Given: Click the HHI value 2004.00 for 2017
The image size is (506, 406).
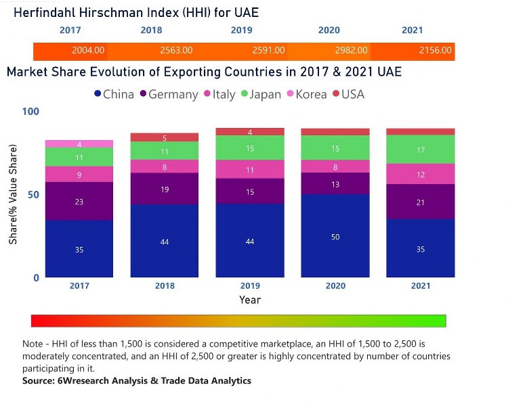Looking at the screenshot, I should pos(89,50).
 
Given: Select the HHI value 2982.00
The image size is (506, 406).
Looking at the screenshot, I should pos(352,50).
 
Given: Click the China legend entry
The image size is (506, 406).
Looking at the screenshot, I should pos(114,94).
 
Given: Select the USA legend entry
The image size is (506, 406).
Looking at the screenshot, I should pos(347,94).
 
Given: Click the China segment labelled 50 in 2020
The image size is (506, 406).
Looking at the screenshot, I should pos(336,236).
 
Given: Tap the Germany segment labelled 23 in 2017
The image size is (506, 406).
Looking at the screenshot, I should pos(79,201).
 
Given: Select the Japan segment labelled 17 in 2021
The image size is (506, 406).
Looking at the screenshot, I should pos(421,150).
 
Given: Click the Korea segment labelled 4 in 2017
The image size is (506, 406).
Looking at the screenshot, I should pos(79,144).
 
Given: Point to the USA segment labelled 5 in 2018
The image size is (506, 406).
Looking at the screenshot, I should pos(165,137).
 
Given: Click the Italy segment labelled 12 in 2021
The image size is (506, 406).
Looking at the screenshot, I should pos(421,174).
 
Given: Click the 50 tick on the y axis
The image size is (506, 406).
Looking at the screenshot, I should pos(35,194).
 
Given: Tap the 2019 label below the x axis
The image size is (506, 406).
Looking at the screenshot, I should pos(250,286).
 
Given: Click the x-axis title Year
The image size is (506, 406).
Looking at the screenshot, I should pos(249,299).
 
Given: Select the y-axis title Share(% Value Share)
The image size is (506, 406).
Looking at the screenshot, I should pos(13,194).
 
